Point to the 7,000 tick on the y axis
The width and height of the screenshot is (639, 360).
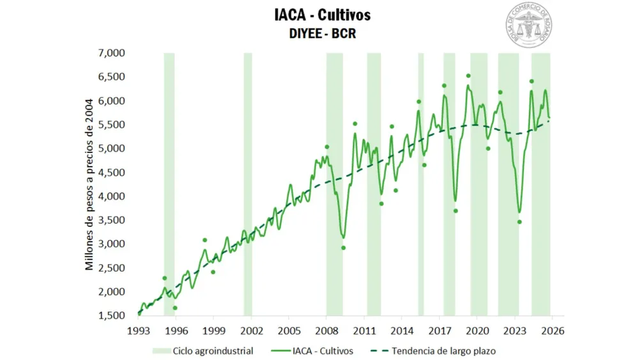[112, 53]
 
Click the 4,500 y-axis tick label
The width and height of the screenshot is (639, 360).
[112, 172]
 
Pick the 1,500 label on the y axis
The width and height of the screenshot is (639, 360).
[112, 315]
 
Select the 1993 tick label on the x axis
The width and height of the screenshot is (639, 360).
[139, 331]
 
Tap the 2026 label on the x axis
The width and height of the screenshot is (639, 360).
[552, 331]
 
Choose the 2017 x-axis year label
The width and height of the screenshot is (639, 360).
[440, 331]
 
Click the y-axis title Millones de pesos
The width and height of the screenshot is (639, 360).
[90, 184]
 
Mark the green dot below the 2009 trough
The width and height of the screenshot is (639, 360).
[343, 247]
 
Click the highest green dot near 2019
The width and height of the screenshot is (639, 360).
[468, 76]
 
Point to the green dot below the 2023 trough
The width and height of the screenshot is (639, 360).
[520, 222]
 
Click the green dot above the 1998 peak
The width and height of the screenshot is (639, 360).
[204, 240]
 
